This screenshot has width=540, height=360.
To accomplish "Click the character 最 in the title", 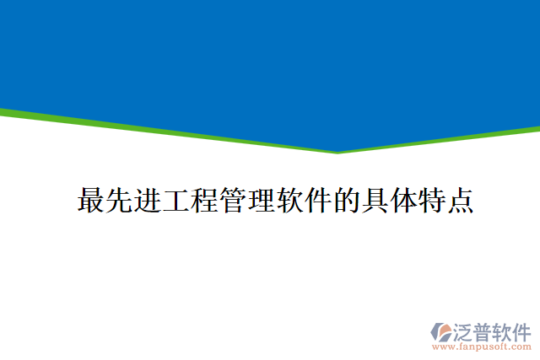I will pos(91,201).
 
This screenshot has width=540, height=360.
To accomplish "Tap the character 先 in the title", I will pos(120,201).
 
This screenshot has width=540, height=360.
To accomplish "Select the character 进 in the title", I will pos(148,201).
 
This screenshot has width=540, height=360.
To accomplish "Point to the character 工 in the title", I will pos(176,201).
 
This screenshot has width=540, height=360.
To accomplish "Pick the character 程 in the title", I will pos(205,201).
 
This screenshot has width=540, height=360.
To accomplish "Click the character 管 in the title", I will pos(233,201).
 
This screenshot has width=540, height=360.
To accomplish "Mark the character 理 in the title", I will pos(262,201).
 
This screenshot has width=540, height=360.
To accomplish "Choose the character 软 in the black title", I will pos(289,201).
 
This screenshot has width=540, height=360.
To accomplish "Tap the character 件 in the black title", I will pos(318,201).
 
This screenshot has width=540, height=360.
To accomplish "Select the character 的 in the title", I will pos(346,201).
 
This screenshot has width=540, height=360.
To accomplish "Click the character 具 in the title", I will pos(375,201).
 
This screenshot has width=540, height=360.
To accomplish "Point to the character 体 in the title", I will pos(402,201).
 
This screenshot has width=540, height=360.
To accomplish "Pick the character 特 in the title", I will pos(431,201).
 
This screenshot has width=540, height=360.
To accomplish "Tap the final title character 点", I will pos(459,201).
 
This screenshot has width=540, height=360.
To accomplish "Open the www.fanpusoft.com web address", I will pos(482,346).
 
